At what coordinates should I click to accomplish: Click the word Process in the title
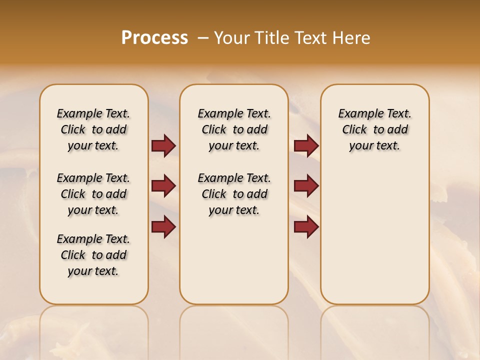click(154, 38)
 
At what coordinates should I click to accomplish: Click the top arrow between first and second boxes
click(163, 145)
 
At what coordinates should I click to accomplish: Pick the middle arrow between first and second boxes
click(163, 186)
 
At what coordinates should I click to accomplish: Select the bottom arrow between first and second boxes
click(163, 226)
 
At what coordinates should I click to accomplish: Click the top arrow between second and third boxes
click(306, 145)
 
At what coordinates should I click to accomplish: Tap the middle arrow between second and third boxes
click(306, 186)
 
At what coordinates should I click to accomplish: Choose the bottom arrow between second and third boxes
click(306, 226)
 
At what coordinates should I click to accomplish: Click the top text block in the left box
click(93, 129)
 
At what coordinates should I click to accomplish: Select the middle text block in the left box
click(93, 194)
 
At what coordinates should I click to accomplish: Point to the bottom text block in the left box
click(93, 255)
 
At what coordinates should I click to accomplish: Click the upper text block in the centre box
click(234, 129)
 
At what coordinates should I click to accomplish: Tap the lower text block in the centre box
click(234, 194)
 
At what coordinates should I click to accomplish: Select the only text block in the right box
click(374, 129)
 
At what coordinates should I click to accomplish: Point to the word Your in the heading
click(233, 38)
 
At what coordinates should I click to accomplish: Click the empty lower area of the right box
click(374, 235)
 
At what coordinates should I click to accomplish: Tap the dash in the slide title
click(202, 38)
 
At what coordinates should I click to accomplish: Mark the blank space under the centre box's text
click(234, 260)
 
